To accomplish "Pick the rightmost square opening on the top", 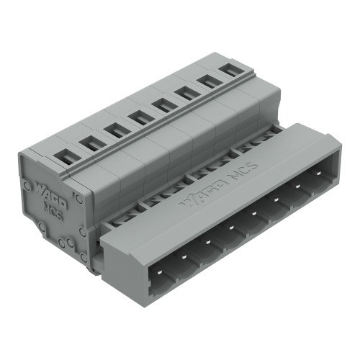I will [x=230, y=71].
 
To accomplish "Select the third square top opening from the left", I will [x=113, y=130].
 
